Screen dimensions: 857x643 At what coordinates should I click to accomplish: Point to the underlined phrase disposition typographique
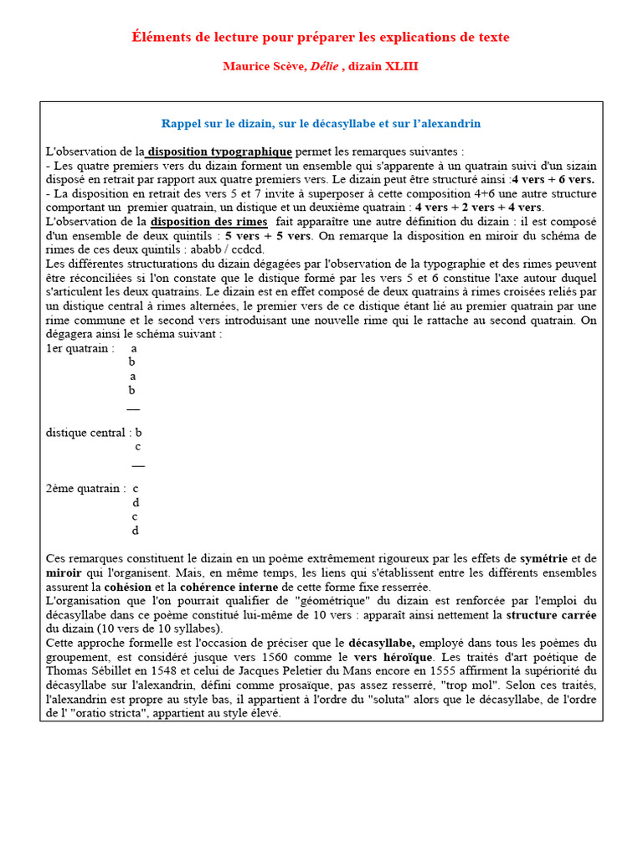tap(220, 151)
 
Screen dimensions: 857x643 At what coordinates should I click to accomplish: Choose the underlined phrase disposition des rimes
tap(209, 222)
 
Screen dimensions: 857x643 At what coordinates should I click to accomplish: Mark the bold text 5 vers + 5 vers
tap(263, 236)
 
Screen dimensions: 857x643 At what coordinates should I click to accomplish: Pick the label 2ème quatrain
tap(85, 489)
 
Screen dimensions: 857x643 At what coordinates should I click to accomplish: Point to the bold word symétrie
tap(543, 558)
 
